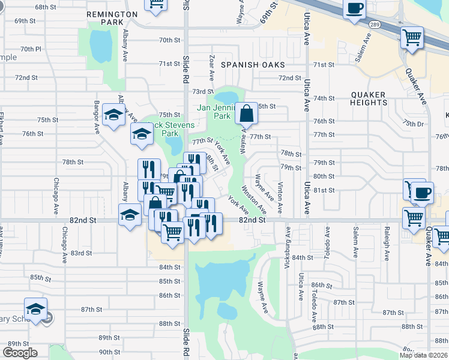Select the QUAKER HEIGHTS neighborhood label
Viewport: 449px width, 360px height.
(x=369, y=98)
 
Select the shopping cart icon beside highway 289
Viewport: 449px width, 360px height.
(x=412, y=37)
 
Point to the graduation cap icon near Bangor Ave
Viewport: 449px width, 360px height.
(x=113, y=115)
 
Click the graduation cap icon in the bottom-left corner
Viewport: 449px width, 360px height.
(x=36, y=309)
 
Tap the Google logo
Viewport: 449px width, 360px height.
(x=20, y=353)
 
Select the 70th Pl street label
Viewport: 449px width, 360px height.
(x=30, y=49)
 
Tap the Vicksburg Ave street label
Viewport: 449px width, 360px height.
(x=288, y=242)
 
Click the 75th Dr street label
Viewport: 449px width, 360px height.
(x=413, y=123)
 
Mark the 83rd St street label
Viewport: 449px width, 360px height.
(x=80, y=253)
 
